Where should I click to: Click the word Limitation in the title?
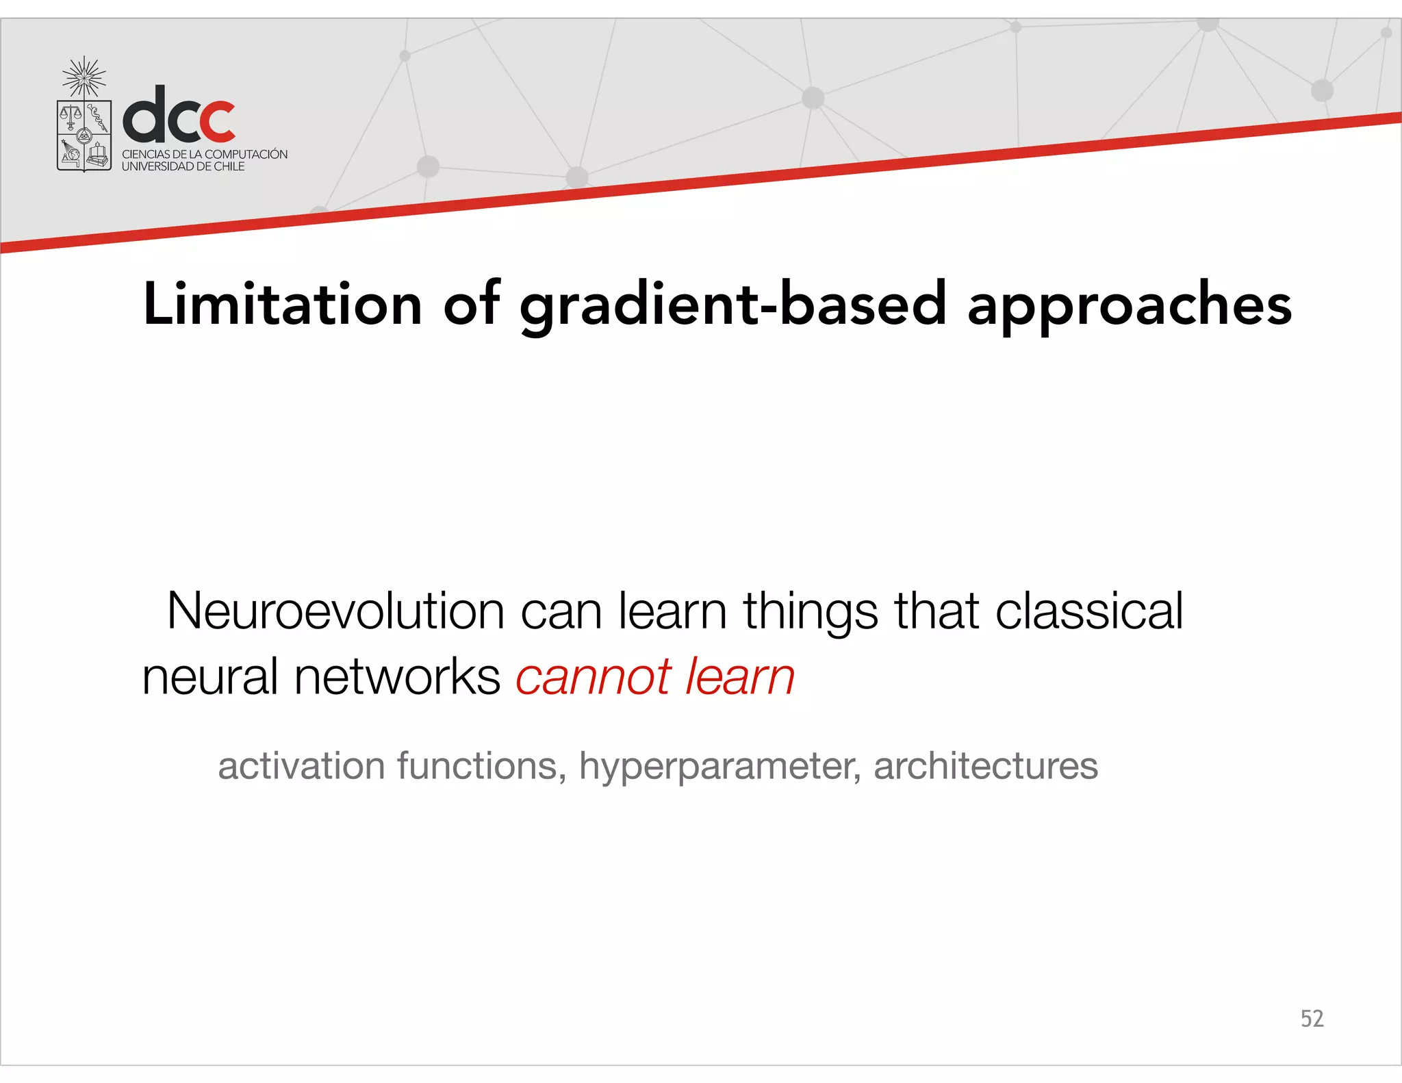pos(282,304)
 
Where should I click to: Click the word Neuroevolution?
pos(335,611)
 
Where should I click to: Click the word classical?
pos(1088,611)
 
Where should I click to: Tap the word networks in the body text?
pos(397,677)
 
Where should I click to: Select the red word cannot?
pos(593,677)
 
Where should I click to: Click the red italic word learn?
pos(739,677)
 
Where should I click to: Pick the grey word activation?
pos(301,765)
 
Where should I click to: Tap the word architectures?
pos(986,765)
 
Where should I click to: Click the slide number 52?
pos(1312,1019)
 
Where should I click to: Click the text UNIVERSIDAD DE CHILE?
pos(183,166)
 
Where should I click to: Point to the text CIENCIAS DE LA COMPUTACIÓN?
pos(205,154)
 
